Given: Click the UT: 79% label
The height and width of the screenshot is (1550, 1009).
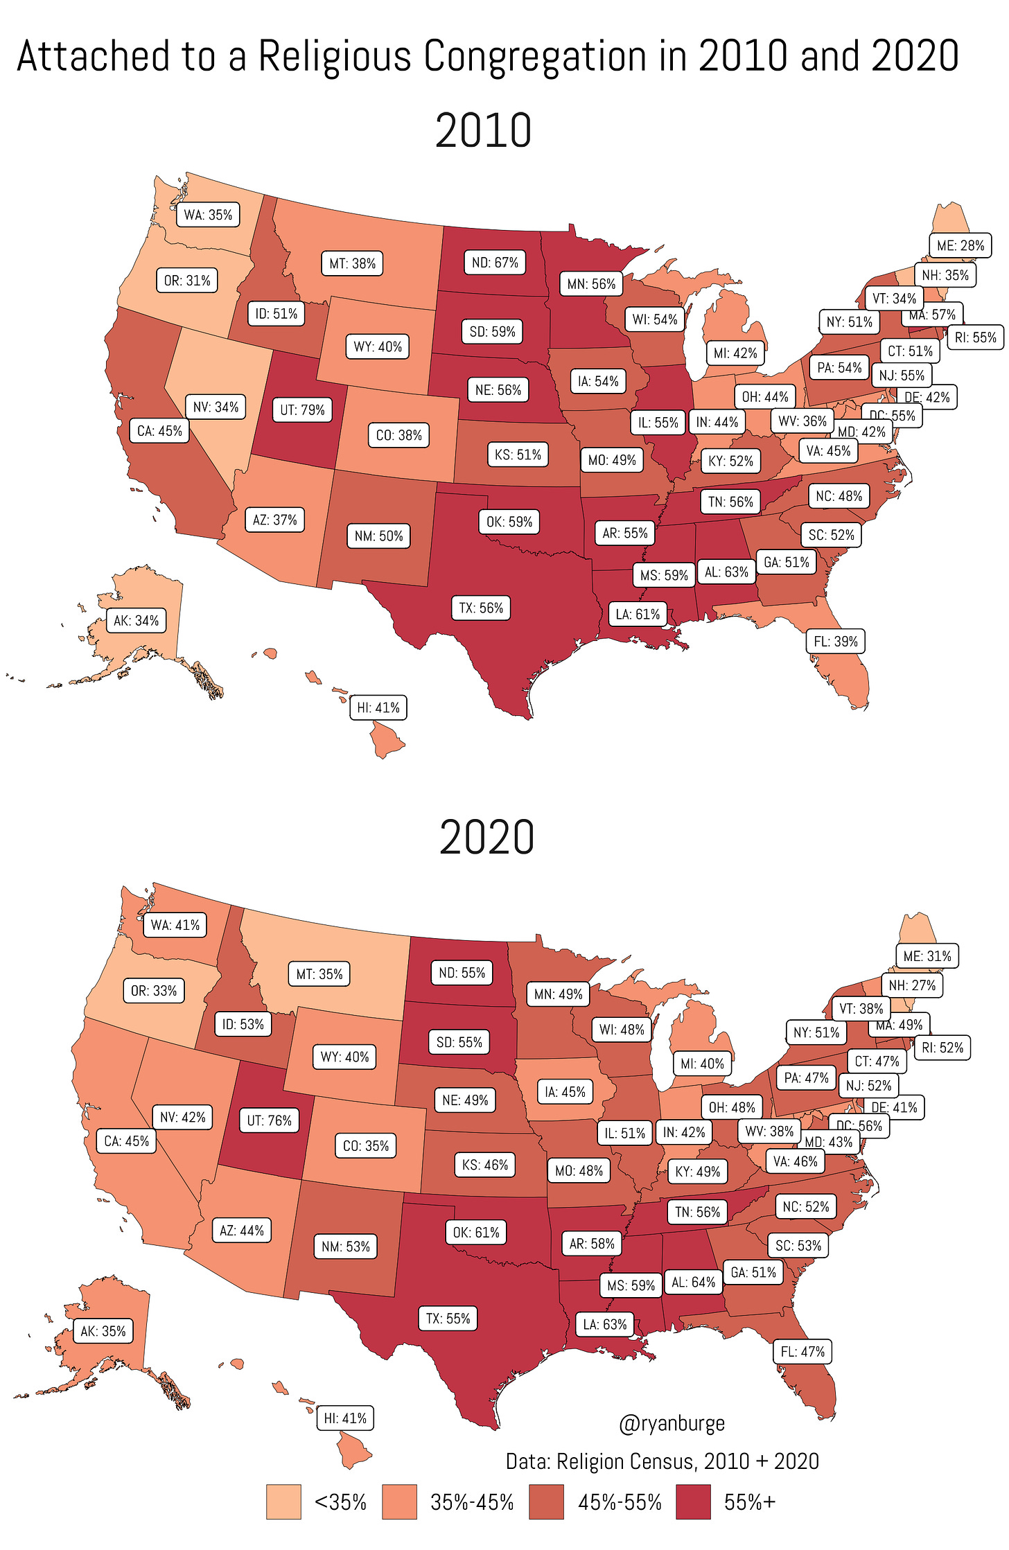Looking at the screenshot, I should (x=302, y=409).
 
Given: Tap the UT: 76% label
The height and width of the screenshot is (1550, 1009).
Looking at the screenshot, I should (x=269, y=1120).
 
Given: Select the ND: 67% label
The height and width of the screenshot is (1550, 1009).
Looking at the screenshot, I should (x=495, y=263).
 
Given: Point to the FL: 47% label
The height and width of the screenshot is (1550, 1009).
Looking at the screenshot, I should (x=802, y=1351).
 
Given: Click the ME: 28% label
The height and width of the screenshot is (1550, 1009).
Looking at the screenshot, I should (x=960, y=245).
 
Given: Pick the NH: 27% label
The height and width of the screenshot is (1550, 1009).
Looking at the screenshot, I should (x=912, y=985).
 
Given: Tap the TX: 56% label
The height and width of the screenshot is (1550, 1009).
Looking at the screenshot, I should (x=481, y=608).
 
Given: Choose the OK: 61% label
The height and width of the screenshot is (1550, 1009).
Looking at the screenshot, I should (x=475, y=1232).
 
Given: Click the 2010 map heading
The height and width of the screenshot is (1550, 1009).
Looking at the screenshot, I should (x=483, y=130).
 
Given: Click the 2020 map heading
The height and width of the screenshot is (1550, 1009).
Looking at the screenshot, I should (x=486, y=837).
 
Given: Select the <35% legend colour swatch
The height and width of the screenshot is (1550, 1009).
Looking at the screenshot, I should (x=283, y=1501).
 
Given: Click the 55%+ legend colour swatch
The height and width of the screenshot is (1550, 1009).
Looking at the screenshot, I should (x=693, y=1501).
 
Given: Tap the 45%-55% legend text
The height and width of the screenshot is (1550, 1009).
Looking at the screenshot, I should (x=620, y=1502).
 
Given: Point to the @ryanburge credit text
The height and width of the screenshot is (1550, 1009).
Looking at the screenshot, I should (x=672, y=1423).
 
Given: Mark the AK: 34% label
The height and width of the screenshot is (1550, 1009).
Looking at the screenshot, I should (x=136, y=620).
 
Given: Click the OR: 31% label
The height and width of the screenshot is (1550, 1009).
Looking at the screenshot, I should (x=187, y=281).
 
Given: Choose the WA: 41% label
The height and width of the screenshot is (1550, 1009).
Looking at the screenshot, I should (x=175, y=925).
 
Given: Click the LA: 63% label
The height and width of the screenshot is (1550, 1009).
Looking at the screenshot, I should (x=604, y=1325).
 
